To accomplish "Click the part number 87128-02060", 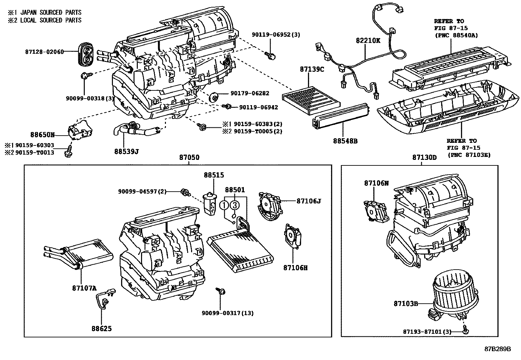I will point(44,52).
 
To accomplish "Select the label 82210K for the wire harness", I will point(368,41).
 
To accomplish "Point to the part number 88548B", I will point(345,141).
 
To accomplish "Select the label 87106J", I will point(309,201).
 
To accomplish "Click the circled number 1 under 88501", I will point(224,205).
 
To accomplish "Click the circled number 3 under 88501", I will point(234,205).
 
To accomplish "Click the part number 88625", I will point(101,328).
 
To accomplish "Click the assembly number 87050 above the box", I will point(189,158).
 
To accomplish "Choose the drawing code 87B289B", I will point(498,349).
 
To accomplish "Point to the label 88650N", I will point(43,135).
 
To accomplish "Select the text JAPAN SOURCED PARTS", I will point(51,12).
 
